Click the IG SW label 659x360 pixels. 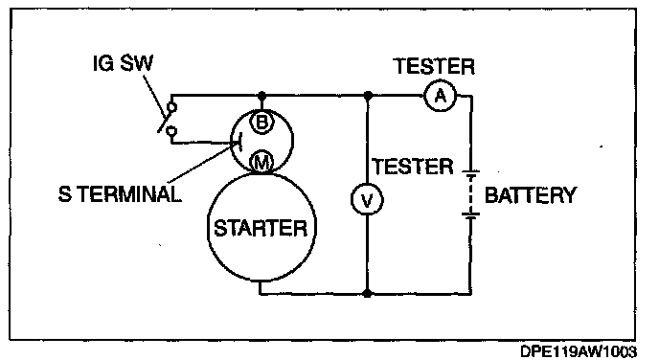[123, 63]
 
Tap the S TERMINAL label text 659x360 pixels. [120, 194]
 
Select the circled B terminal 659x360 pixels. [261, 123]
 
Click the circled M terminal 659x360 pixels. [261, 162]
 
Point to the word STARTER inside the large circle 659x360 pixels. [261, 228]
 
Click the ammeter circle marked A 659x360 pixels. [440, 96]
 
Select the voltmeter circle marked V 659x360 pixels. [367, 200]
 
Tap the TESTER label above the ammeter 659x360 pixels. [434, 66]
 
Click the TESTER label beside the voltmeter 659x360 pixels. [413, 167]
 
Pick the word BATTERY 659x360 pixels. [531, 195]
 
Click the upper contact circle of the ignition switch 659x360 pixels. [171, 107]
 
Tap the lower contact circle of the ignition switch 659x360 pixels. [171, 131]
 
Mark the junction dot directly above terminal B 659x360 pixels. [261, 96]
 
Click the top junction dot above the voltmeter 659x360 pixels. [368, 96]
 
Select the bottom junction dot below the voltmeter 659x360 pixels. [367, 293]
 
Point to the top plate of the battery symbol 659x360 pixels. [470, 172]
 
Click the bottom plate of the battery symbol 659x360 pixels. [470, 215]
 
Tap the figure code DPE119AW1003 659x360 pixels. [579, 350]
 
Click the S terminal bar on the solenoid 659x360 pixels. [240, 142]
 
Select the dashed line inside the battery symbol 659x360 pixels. [470, 193]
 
